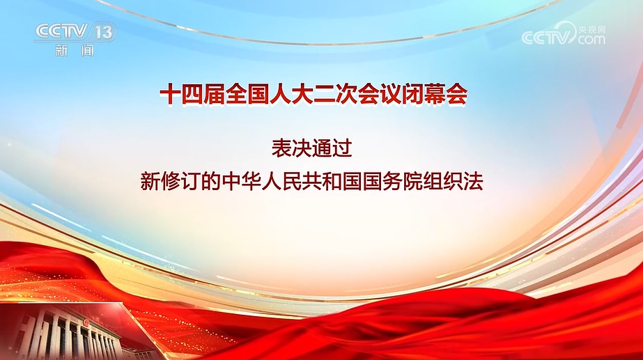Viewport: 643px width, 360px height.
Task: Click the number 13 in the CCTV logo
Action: [104, 31]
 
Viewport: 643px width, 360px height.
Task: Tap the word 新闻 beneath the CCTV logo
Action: [75, 50]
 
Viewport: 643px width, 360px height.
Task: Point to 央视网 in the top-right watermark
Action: [591, 30]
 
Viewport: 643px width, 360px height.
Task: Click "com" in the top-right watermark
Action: [591, 40]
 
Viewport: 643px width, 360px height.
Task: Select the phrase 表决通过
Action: [311, 148]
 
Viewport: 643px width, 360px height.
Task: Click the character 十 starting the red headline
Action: [170, 95]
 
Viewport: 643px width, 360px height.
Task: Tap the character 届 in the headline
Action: [214, 95]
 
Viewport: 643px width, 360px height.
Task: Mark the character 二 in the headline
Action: [324, 95]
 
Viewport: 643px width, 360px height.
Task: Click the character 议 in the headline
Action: [390, 95]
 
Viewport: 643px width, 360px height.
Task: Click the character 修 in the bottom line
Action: [170, 181]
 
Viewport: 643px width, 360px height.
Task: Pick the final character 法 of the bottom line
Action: [472, 181]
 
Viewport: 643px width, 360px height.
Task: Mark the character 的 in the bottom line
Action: [210, 181]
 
